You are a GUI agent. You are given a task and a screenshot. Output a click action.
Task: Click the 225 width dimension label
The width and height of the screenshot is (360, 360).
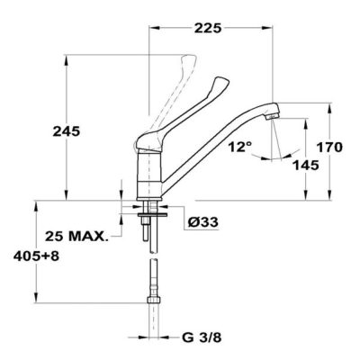pyautogui.click(x=208, y=28)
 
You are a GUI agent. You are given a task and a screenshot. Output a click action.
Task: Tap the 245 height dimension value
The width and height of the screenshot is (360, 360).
pyautogui.click(x=67, y=131)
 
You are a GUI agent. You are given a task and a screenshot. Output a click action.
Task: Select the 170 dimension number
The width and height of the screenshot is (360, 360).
pyautogui.click(x=329, y=148)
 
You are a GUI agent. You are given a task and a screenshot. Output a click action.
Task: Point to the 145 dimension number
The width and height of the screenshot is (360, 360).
pyautogui.click(x=305, y=166)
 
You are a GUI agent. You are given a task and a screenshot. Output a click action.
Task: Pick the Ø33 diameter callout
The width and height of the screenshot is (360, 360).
pyautogui.click(x=202, y=222)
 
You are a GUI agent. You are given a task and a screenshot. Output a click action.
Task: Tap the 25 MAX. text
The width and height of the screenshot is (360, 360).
pyautogui.click(x=76, y=237)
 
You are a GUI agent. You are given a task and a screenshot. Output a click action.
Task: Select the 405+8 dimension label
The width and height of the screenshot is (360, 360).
pyautogui.click(x=36, y=256)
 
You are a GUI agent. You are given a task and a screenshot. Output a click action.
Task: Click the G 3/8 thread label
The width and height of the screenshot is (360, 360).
pyautogui.click(x=202, y=337)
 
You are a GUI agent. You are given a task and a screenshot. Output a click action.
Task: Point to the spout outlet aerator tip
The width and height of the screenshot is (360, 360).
pyautogui.click(x=273, y=117)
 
